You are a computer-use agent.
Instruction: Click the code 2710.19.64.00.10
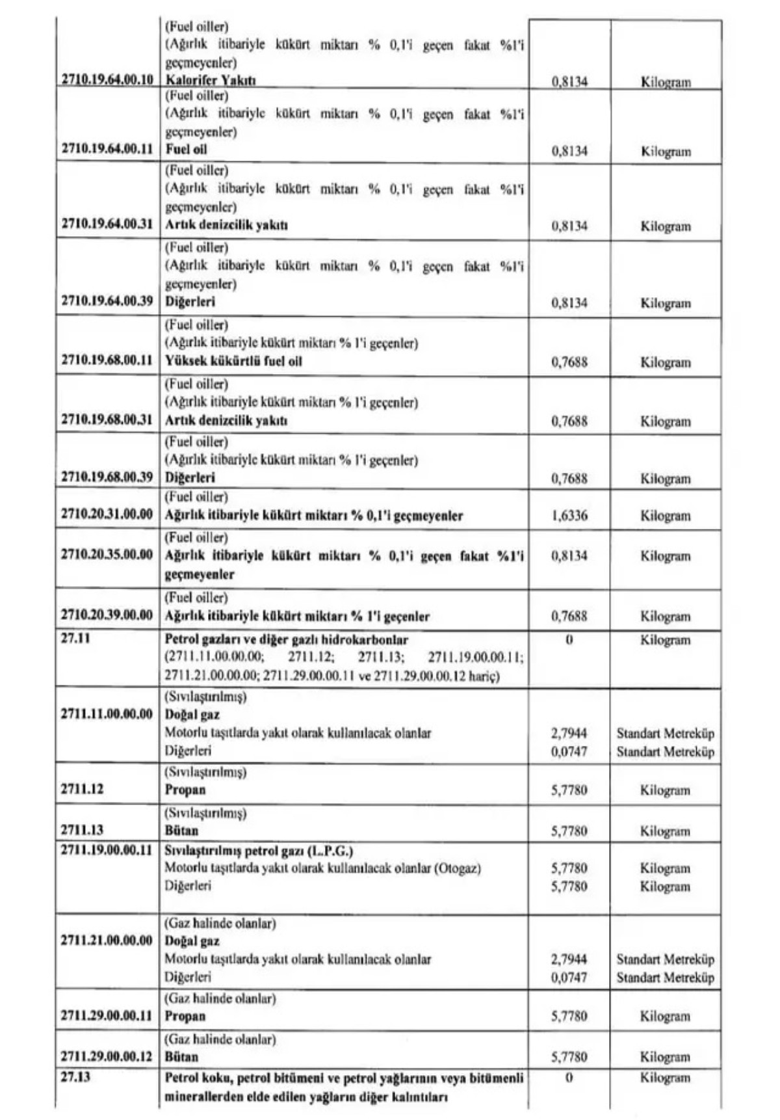[x=107, y=80]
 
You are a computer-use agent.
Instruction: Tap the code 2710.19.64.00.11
[x=107, y=149]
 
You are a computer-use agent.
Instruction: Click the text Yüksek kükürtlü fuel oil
[x=233, y=361]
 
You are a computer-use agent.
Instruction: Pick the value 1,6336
[x=569, y=516]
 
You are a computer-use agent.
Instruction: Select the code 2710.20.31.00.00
[x=107, y=514]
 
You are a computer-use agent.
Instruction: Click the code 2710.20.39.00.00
[x=107, y=615]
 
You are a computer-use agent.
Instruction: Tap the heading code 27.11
[x=75, y=639]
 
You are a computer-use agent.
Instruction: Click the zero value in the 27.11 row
[x=569, y=640]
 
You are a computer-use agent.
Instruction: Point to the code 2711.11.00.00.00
[x=107, y=714]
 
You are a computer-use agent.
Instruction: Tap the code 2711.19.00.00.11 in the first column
[x=107, y=851]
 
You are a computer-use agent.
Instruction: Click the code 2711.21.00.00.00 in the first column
[x=107, y=940]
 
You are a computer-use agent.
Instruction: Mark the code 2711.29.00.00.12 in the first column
[x=107, y=1056]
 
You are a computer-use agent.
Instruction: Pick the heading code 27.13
[x=75, y=1077]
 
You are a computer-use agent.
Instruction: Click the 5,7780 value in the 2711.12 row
[x=569, y=790]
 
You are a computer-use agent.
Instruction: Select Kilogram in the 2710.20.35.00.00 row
[x=665, y=556]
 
